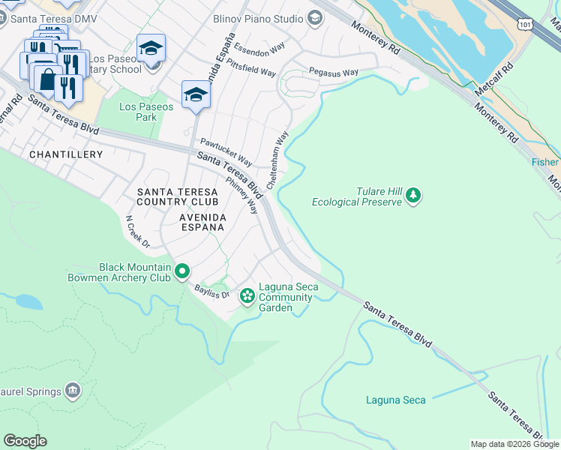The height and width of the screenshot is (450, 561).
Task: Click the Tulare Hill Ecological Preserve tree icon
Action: [x=412, y=196]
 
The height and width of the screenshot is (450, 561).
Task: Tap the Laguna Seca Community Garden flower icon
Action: [x=247, y=297]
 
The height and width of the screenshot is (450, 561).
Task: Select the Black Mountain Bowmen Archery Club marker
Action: [x=182, y=271]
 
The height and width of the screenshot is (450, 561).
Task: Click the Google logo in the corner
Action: [x=25, y=441]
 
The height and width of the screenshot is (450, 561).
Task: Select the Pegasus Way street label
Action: [x=334, y=73]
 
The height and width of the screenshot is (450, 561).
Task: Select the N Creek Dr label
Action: [x=137, y=232]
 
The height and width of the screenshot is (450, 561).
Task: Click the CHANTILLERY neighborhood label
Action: [x=65, y=154]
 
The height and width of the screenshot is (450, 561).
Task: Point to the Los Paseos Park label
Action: [x=146, y=112]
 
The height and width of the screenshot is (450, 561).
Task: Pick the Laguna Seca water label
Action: [x=395, y=400]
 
